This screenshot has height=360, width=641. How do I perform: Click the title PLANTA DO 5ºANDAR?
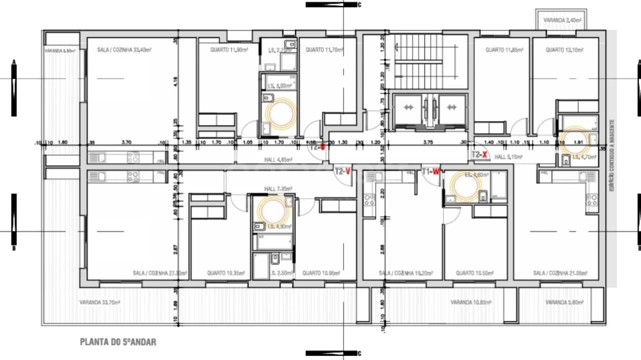pos(118,342)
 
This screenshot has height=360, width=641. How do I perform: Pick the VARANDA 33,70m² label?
pos(100,302)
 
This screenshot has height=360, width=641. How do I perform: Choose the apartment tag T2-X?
pos(479,155)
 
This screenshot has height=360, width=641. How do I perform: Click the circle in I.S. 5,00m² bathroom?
pos(280,113)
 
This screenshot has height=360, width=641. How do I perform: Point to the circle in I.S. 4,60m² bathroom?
pos(464,185)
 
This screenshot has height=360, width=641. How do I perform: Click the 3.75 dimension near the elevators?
pos(427,142)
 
